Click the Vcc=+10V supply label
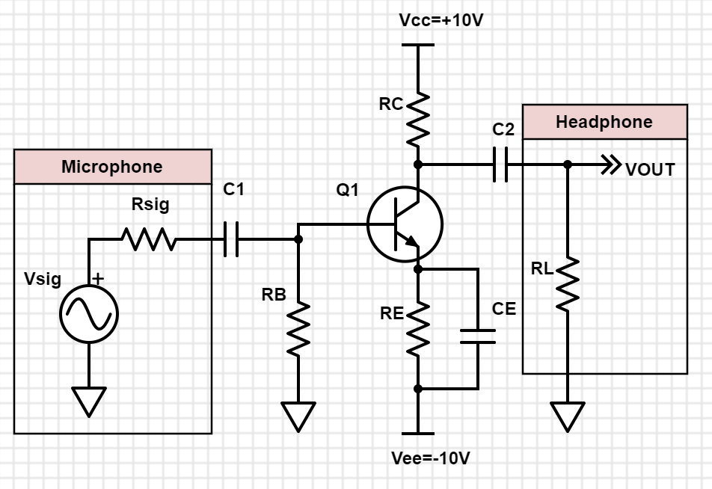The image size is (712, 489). [x=441, y=20]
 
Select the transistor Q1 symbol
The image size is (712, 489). [x=405, y=224]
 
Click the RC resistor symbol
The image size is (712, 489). [x=418, y=118]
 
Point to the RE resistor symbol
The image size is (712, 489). [x=418, y=327]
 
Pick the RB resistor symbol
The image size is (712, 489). [x=298, y=329]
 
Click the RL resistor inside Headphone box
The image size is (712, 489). [x=568, y=284]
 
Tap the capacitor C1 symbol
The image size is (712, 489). [x=231, y=239]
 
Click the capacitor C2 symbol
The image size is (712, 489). [x=500, y=164]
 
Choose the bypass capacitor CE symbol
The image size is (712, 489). [x=478, y=336]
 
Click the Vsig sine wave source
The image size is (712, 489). [x=89, y=314]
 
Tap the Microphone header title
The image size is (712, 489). [x=112, y=167]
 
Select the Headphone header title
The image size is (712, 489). [x=604, y=122]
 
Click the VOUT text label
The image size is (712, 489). [x=650, y=170]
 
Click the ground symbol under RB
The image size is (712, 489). [x=298, y=416]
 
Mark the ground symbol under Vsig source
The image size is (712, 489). [x=89, y=402]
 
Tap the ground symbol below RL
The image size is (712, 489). [x=568, y=416]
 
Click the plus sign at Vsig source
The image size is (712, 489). [x=98, y=278]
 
